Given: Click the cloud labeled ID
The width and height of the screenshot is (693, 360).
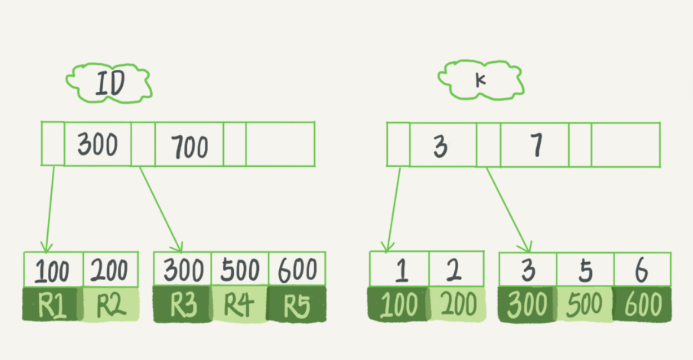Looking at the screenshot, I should [109, 83].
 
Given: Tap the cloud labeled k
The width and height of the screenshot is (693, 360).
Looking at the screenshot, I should [481, 80].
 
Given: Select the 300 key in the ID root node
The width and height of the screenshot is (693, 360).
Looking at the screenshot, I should [98, 145].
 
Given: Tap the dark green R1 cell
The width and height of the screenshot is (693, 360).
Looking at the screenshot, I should [52, 304].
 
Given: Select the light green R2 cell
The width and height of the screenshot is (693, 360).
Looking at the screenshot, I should [111, 304].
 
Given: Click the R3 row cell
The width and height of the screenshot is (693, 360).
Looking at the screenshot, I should [182, 304].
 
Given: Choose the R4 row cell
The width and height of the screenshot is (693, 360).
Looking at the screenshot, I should [240, 304].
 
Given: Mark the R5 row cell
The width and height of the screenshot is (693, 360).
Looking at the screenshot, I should [297, 304].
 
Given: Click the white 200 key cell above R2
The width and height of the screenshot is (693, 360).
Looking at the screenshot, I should [111, 270].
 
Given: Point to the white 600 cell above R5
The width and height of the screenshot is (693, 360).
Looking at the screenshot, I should [297, 270].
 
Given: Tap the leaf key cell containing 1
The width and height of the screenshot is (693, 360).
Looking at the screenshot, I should [400, 270].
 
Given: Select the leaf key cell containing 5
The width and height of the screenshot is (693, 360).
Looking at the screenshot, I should [585, 270].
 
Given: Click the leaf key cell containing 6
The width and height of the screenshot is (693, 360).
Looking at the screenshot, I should [642, 270].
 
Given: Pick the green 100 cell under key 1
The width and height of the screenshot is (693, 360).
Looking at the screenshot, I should [399, 304].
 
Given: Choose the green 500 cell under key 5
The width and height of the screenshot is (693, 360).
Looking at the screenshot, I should [585, 304].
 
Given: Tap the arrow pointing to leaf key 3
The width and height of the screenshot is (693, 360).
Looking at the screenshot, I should [508, 208].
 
